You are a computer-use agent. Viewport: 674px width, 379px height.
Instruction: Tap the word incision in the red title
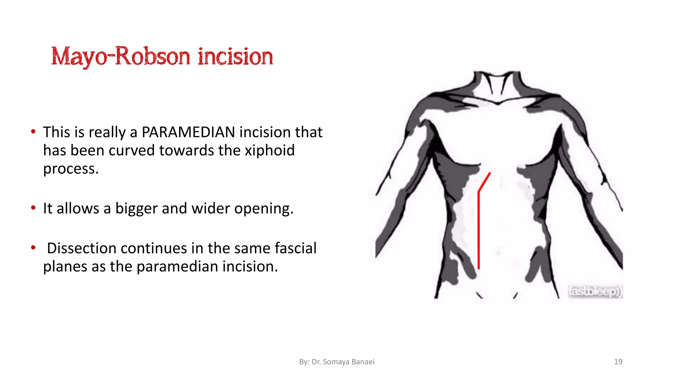[235, 57]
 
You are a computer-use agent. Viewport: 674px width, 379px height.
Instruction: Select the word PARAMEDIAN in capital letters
[188, 132]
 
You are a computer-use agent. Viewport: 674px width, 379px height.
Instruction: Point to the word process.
[71, 169]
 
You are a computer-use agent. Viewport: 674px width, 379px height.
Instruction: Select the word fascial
[296, 248]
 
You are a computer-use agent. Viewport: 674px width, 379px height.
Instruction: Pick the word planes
[65, 267]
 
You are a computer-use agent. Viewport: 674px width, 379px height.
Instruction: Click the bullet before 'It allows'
[33, 208]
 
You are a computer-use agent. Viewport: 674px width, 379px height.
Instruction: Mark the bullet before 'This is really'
[33, 132]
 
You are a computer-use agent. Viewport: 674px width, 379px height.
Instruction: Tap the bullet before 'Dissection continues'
[33, 247]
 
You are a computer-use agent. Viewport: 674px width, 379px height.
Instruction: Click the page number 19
[618, 362]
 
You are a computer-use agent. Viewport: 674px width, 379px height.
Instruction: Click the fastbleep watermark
[595, 291]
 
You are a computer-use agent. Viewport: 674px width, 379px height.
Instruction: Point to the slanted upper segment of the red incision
[484, 182]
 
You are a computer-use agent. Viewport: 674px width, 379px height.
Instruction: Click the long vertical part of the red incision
[479, 230]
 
